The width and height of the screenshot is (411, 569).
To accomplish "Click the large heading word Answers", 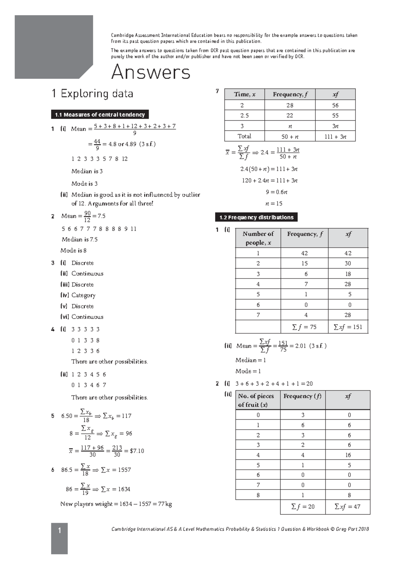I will (x=151, y=72).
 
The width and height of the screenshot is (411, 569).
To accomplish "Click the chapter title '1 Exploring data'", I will (x=92, y=94).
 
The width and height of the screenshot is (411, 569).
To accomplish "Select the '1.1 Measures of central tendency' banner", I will (x=100, y=114).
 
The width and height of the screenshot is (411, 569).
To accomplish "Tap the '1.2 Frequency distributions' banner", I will (x=256, y=217).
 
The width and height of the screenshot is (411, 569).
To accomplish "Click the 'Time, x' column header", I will (x=245, y=94).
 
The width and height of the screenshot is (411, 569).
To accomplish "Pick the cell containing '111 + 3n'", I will (x=335, y=136).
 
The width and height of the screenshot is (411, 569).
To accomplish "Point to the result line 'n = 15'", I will (x=274, y=203).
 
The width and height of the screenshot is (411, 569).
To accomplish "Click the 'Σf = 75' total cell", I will (x=304, y=327).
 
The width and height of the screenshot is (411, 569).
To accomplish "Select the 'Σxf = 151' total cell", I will (x=348, y=327).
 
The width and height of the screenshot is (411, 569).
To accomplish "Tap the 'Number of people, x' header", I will (x=258, y=238).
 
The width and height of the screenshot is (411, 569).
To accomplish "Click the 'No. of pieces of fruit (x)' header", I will (x=256, y=400).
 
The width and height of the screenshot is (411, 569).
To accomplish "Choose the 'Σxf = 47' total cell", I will (x=347, y=507).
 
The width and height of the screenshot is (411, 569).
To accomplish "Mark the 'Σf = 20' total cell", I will (x=303, y=507).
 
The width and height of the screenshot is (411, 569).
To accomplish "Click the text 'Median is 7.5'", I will (x=79, y=239).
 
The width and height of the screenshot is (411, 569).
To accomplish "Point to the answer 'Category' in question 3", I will (x=83, y=295).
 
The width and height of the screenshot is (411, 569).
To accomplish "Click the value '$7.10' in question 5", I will (x=137, y=451).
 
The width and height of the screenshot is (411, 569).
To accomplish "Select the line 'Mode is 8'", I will (x=73, y=250).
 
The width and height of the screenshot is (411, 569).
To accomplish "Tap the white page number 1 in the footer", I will (x=59, y=531).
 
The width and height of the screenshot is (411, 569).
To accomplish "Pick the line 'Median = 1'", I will (x=250, y=360).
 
